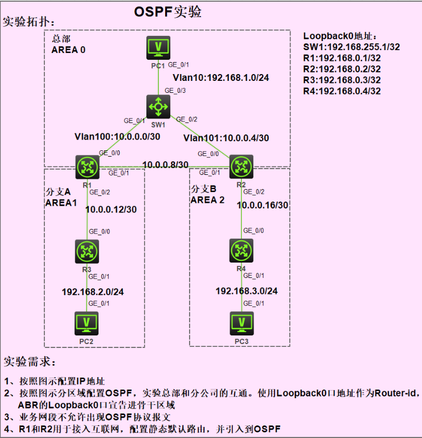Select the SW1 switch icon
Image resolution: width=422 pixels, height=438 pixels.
click(x=157, y=105)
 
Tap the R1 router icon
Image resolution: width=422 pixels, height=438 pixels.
click(x=87, y=166)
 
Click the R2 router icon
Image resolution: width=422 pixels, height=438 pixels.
click(x=241, y=166)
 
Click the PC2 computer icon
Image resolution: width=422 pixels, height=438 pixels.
click(x=87, y=324)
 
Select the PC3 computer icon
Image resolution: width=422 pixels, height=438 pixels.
click(x=241, y=324)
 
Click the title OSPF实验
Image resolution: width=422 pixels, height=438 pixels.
click(x=167, y=11)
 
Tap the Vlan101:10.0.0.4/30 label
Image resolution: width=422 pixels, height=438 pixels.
click(x=226, y=137)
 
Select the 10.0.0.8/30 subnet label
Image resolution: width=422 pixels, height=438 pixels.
click(x=165, y=165)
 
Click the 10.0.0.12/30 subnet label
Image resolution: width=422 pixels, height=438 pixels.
click(x=111, y=209)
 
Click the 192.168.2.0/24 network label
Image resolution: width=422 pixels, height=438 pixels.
click(x=93, y=292)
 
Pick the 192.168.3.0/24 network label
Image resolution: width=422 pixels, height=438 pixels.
click(x=247, y=291)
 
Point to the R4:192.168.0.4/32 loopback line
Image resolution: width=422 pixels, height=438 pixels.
click(x=342, y=91)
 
